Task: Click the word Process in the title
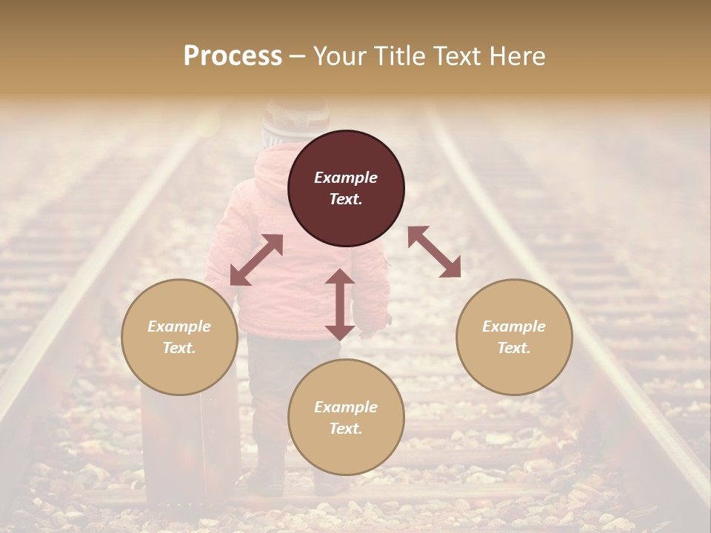(x=233, y=56)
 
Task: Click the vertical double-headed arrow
(x=340, y=304)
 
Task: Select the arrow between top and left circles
(x=256, y=260)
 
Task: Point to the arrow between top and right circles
(x=434, y=252)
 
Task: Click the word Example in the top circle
(x=346, y=178)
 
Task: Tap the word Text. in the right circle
(x=514, y=348)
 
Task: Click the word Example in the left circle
(x=179, y=326)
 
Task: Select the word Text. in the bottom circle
(x=346, y=429)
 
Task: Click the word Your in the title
(x=337, y=56)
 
